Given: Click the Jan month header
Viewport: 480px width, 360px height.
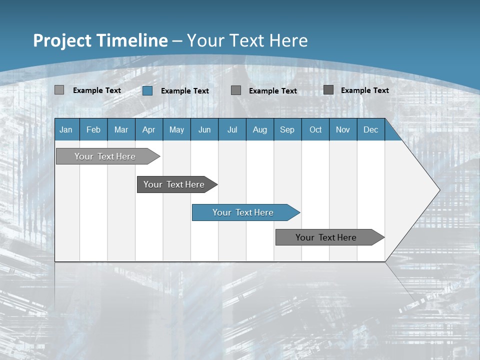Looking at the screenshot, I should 66,129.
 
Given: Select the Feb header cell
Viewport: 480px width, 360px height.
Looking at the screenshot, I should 93,129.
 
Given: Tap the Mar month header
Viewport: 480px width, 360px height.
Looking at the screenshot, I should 121,129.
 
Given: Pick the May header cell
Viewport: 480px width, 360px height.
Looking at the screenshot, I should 176,129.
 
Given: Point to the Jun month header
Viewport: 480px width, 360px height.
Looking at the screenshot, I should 204,129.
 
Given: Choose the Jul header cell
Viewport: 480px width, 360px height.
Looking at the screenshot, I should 232,129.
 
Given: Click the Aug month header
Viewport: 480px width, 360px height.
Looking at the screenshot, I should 260,129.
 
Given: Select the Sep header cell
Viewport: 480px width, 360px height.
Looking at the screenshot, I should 287,129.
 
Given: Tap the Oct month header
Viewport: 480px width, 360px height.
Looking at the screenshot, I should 315,129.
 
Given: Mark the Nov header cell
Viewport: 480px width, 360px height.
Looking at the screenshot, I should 343,129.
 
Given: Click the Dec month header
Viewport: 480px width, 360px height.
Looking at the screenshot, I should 371,129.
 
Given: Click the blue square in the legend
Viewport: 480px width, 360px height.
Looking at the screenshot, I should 147,90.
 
